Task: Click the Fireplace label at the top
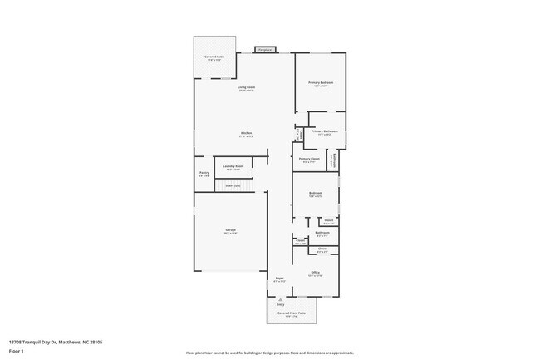(265, 50)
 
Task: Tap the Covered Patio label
(214, 57)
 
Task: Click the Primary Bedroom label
(322, 82)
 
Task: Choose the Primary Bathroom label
(325, 131)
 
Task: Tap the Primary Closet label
(309, 159)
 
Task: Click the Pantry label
(204, 173)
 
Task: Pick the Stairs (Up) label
(233, 185)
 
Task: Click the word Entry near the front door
(280, 305)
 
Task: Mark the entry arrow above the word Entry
(279, 298)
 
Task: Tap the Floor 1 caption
(17, 351)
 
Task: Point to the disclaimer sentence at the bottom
(269, 353)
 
